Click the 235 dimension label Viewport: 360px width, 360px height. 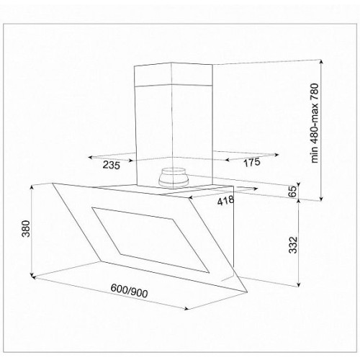(x=112, y=165)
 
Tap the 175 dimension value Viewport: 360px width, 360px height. (x=252, y=162)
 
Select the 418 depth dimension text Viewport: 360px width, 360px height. (x=225, y=201)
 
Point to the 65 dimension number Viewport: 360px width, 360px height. (x=292, y=192)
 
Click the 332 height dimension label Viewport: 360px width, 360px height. (x=293, y=245)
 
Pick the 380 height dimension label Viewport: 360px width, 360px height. (x=26, y=228)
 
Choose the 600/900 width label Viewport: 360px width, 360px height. (x=129, y=291)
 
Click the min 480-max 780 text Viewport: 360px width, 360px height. (x=315, y=123)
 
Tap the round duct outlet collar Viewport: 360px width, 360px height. (x=172, y=178)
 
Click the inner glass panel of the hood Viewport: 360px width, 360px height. (x=150, y=240)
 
